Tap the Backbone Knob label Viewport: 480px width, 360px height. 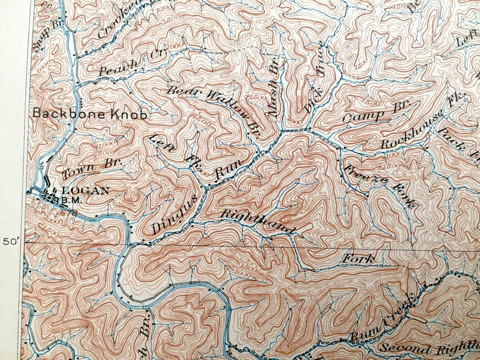91,113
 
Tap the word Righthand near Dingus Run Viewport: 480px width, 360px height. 258,222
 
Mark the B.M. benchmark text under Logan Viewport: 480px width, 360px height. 78,199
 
